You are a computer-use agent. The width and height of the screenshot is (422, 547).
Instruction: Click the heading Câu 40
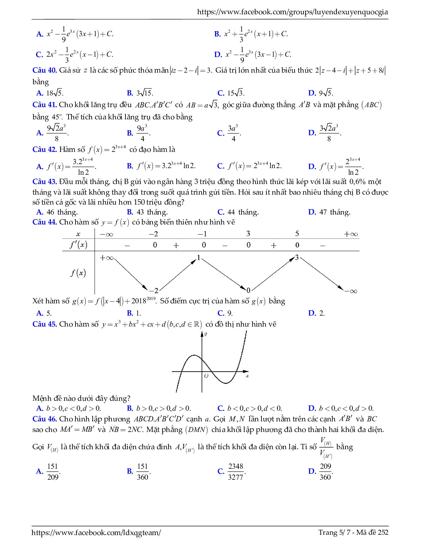[x=45, y=70]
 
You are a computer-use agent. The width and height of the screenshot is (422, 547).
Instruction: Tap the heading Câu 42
[x=45, y=150]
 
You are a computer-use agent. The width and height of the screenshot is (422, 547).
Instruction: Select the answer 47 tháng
[x=335, y=212]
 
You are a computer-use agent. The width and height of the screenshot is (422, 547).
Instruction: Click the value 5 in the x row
[x=297, y=234]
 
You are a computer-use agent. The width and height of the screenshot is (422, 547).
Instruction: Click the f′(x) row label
[x=78, y=245]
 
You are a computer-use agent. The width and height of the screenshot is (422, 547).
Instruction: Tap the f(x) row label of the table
[x=78, y=273]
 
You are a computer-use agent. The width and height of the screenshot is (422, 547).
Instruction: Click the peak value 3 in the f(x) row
[x=297, y=258]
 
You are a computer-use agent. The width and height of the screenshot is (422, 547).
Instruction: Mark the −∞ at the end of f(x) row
[x=351, y=291]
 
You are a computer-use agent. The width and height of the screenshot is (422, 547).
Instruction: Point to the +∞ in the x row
[x=351, y=234]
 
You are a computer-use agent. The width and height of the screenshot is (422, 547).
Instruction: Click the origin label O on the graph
[x=206, y=376]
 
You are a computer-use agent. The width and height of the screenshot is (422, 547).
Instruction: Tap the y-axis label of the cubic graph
[x=206, y=334]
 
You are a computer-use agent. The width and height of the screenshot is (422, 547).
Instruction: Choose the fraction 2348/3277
[x=236, y=471]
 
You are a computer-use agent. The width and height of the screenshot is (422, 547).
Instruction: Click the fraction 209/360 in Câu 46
[x=325, y=471]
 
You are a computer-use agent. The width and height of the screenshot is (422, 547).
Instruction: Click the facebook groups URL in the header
[x=292, y=12]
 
